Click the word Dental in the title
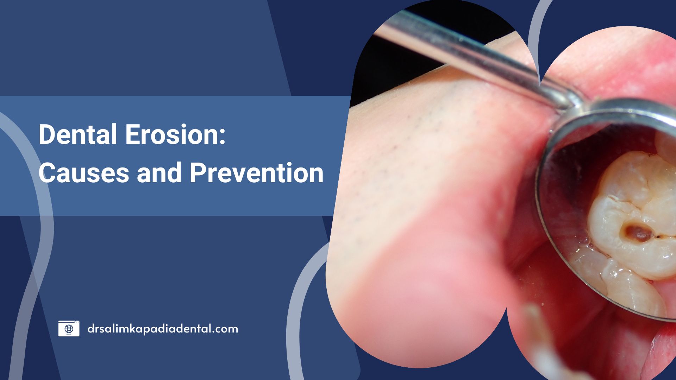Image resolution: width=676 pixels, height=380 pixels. click(x=78, y=134)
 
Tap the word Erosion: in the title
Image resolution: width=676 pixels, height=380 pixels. click(x=175, y=134)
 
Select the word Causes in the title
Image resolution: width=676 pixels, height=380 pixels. click(x=83, y=173)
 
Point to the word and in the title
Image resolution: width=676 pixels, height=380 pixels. click(x=159, y=173)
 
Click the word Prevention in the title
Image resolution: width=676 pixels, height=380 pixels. click(x=257, y=173)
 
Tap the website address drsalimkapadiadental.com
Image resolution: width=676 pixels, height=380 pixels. click(x=163, y=329)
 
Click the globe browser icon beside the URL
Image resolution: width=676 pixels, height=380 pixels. click(x=69, y=329)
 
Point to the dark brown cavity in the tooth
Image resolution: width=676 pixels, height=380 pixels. click(x=638, y=233)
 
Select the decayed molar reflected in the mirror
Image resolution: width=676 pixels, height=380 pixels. click(x=634, y=215)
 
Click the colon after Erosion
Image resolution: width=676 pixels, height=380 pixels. click(x=222, y=137)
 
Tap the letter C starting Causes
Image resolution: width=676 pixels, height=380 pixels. click(x=47, y=173)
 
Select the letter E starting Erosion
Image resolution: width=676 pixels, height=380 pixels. click(x=133, y=134)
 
